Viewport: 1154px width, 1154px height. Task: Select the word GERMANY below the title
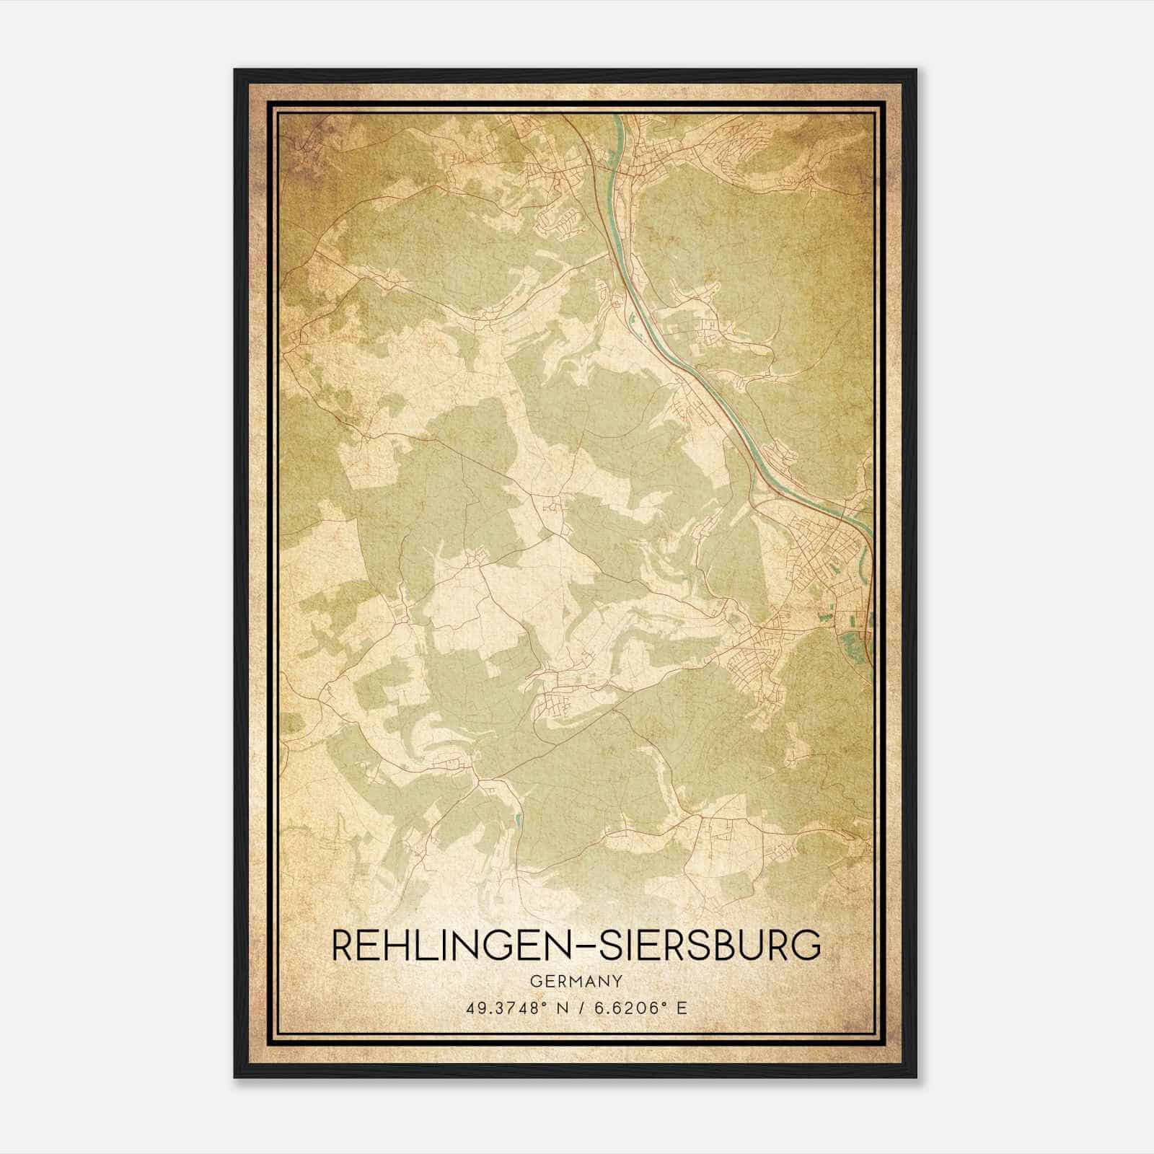tap(575, 981)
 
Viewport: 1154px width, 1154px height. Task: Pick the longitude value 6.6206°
tap(633, 1008)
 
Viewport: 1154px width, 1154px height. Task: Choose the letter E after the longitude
tap(682, 1008)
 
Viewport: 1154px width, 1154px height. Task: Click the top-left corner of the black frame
tap(235, 70)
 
